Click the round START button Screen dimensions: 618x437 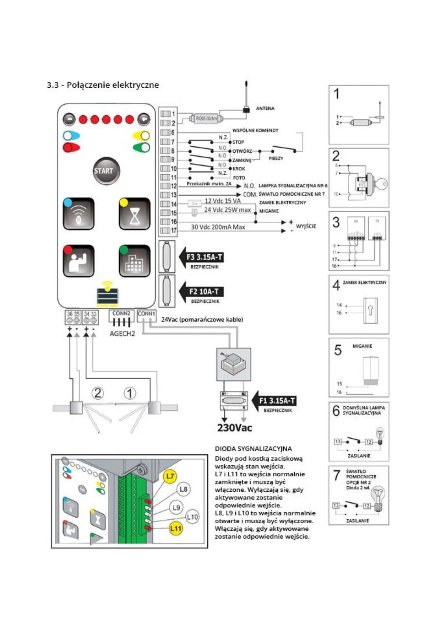[106, 171]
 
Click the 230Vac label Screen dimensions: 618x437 [234, 428]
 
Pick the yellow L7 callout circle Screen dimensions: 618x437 [170, 476]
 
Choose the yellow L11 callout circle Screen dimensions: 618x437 [176, 528]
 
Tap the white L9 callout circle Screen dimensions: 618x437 [176, 508]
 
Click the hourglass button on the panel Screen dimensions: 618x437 [134, 214]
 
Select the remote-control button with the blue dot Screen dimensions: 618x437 [79, 214]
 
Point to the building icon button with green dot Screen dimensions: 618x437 [134, 261]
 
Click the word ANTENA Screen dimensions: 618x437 [265, 108]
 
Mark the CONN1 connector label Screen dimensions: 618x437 [146, 314]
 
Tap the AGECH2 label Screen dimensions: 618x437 [122, 334]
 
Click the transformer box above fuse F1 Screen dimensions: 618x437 [234, 364]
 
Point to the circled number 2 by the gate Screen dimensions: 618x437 [98, 393]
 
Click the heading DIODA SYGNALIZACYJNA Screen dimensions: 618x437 [253, 448]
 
